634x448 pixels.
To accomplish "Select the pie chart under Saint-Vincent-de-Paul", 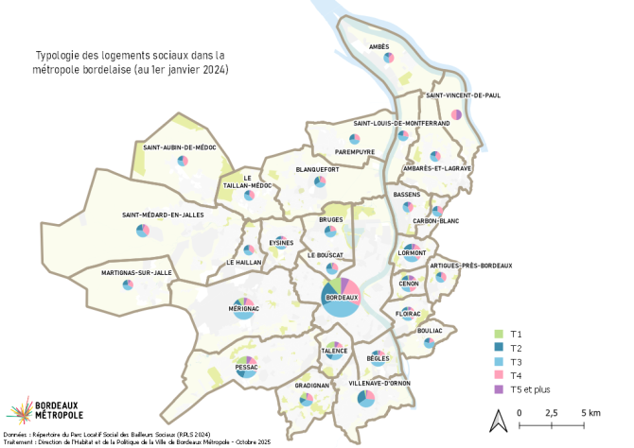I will (457, 114).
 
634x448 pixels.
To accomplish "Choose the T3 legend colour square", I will (499, 361).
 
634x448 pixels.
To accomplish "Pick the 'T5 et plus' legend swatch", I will (499, 388).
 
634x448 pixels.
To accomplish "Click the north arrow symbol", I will (498, 420).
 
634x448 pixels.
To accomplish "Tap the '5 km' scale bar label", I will (590, 413).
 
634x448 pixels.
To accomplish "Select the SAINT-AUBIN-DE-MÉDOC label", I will (180, 147).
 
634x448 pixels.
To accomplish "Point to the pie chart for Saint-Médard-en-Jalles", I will (143, 230).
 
